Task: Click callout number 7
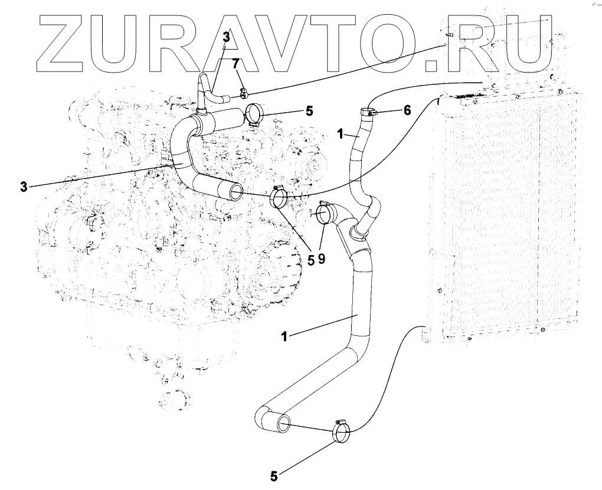[235, 62]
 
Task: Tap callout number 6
[407, 110]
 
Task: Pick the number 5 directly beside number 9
[309, 260]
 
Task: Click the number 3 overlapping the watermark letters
[226, 37]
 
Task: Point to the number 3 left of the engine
[23, 187]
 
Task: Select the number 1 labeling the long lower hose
[284, 337]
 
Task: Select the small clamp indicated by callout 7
[243, 92]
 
